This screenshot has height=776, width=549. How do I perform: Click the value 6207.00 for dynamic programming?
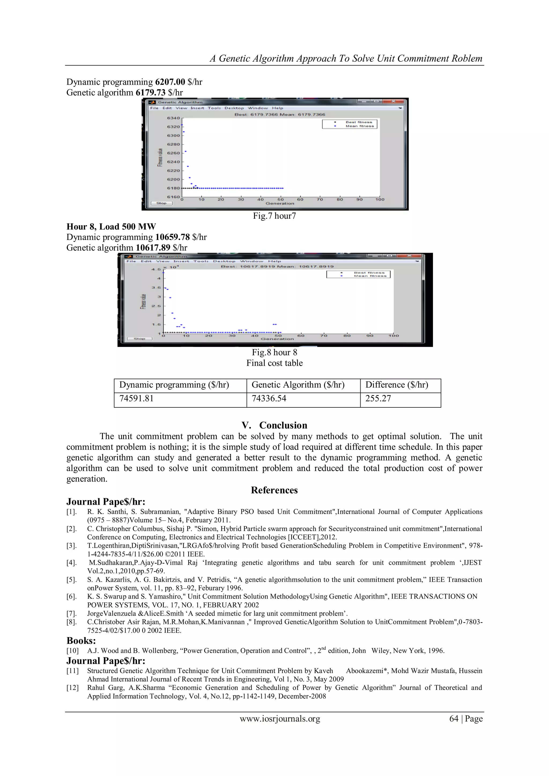170,82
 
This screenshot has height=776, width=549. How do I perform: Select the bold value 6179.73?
150,92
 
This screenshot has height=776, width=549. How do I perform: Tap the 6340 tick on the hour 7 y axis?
173,118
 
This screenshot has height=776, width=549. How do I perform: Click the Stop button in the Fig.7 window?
162,203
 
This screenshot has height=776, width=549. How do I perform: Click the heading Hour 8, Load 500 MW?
111,227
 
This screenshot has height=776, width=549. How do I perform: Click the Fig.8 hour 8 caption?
274,352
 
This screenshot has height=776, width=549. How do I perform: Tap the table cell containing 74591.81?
136,399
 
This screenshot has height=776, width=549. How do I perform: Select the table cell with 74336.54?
269,399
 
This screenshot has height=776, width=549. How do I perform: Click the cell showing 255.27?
378,399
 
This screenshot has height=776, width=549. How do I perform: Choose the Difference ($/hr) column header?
396,385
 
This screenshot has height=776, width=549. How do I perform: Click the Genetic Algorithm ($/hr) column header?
298,385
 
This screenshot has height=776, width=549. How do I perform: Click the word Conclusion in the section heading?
283,425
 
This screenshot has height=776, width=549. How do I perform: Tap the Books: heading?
81,640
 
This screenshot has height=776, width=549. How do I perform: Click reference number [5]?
72,580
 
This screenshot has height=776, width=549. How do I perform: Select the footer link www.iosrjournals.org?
280,719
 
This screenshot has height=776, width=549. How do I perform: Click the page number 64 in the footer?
453,719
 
